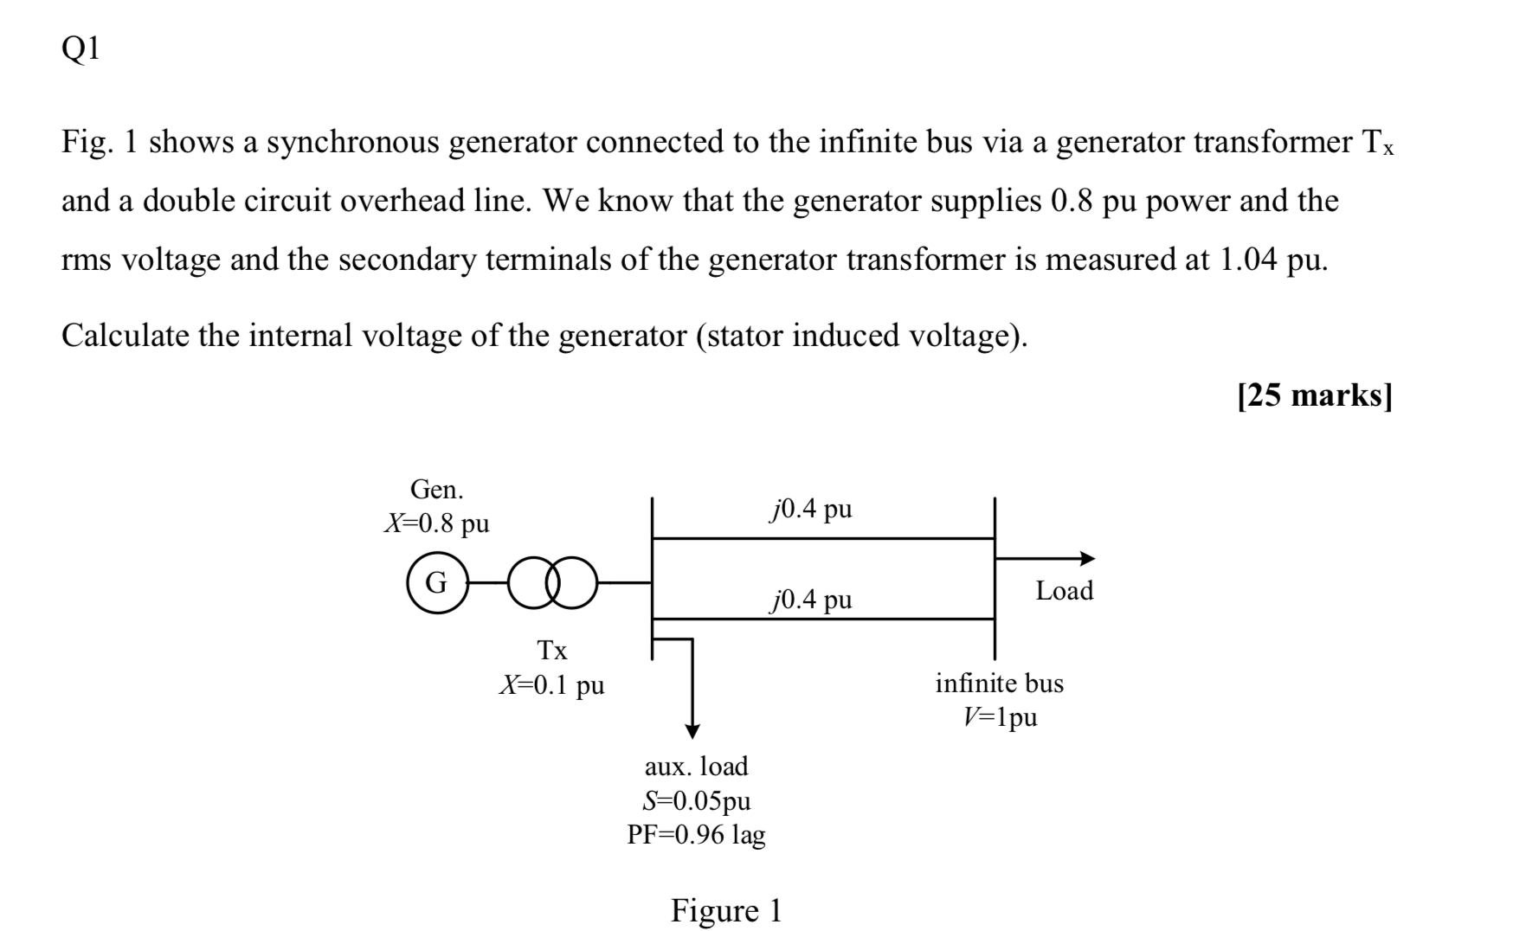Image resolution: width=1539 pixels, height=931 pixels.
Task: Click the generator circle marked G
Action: pyautogui.click(x=437, y=582)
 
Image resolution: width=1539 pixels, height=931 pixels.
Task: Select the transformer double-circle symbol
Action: pyautogui.click(x=553, y=582)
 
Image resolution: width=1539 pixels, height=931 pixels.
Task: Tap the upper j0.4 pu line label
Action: pyautogui.click(x=810, y=509)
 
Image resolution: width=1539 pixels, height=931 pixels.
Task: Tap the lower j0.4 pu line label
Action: pyautogui.click(x=810, y=599)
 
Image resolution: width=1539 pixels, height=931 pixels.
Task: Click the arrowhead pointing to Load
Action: pyautogui.click(x=1086, y=558)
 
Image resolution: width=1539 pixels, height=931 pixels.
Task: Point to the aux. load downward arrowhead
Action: pyautogui.click(x=692, y=730)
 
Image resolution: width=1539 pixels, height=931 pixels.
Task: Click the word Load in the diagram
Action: pyautogui.click(x=1064, y=591)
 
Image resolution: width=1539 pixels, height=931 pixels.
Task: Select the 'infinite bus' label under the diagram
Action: pyautogui.click(x=999, y=684)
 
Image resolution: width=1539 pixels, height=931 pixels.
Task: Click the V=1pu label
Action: pyautogui.click(x=999, y=717)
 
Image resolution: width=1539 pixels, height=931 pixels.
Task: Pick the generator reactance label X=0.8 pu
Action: pyautogui.click(x=436, y=523)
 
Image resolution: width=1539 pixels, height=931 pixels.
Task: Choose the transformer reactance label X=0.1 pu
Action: pyautogui.click(x=551, y=685)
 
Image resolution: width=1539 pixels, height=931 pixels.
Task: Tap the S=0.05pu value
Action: pyautogui.click(x=696, y=800)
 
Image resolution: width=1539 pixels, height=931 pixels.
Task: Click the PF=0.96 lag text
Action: pyautogui.click(x=696, y=835)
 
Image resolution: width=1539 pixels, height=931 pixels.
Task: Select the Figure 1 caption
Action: pyautogui.click(x=725, y=910)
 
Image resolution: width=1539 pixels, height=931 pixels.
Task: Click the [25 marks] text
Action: pyautogui.click(x=1314, y=395)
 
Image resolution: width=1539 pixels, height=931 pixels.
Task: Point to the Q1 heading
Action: pyautogui.click(x=80, y=49)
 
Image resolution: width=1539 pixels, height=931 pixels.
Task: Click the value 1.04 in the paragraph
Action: pyautogui.click(x=1247, y=260)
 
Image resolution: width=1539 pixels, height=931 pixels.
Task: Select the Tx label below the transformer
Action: pyautogui.click(x=552, y=650)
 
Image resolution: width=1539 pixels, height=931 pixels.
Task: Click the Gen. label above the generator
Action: pyautogui.click(x=436, y=490)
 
